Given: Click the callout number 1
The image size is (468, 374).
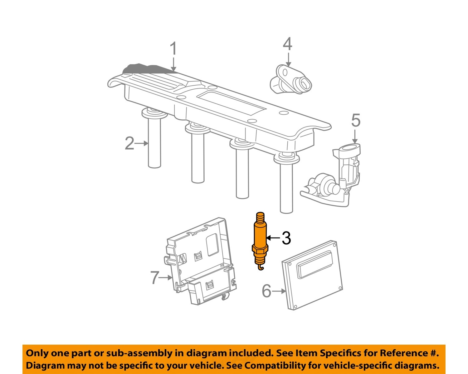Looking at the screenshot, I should [173, 49].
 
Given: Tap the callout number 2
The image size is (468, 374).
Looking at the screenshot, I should [129, 143].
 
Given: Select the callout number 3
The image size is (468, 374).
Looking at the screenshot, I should [286, 238].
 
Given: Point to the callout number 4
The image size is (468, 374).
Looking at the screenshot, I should [287, 44].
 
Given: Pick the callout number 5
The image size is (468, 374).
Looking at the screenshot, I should [356, 120].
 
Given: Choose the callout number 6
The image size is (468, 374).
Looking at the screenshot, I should [266, 291].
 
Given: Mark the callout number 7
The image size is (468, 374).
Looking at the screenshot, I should [155, 277].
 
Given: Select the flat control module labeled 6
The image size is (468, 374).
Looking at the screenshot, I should [312, 275].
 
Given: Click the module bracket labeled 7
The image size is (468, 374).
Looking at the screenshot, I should [200, 259].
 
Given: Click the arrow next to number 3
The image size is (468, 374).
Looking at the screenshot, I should [273, 238].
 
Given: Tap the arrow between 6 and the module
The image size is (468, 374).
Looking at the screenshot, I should [279, 291].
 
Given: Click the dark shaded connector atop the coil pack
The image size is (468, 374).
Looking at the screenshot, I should [144, 69].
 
